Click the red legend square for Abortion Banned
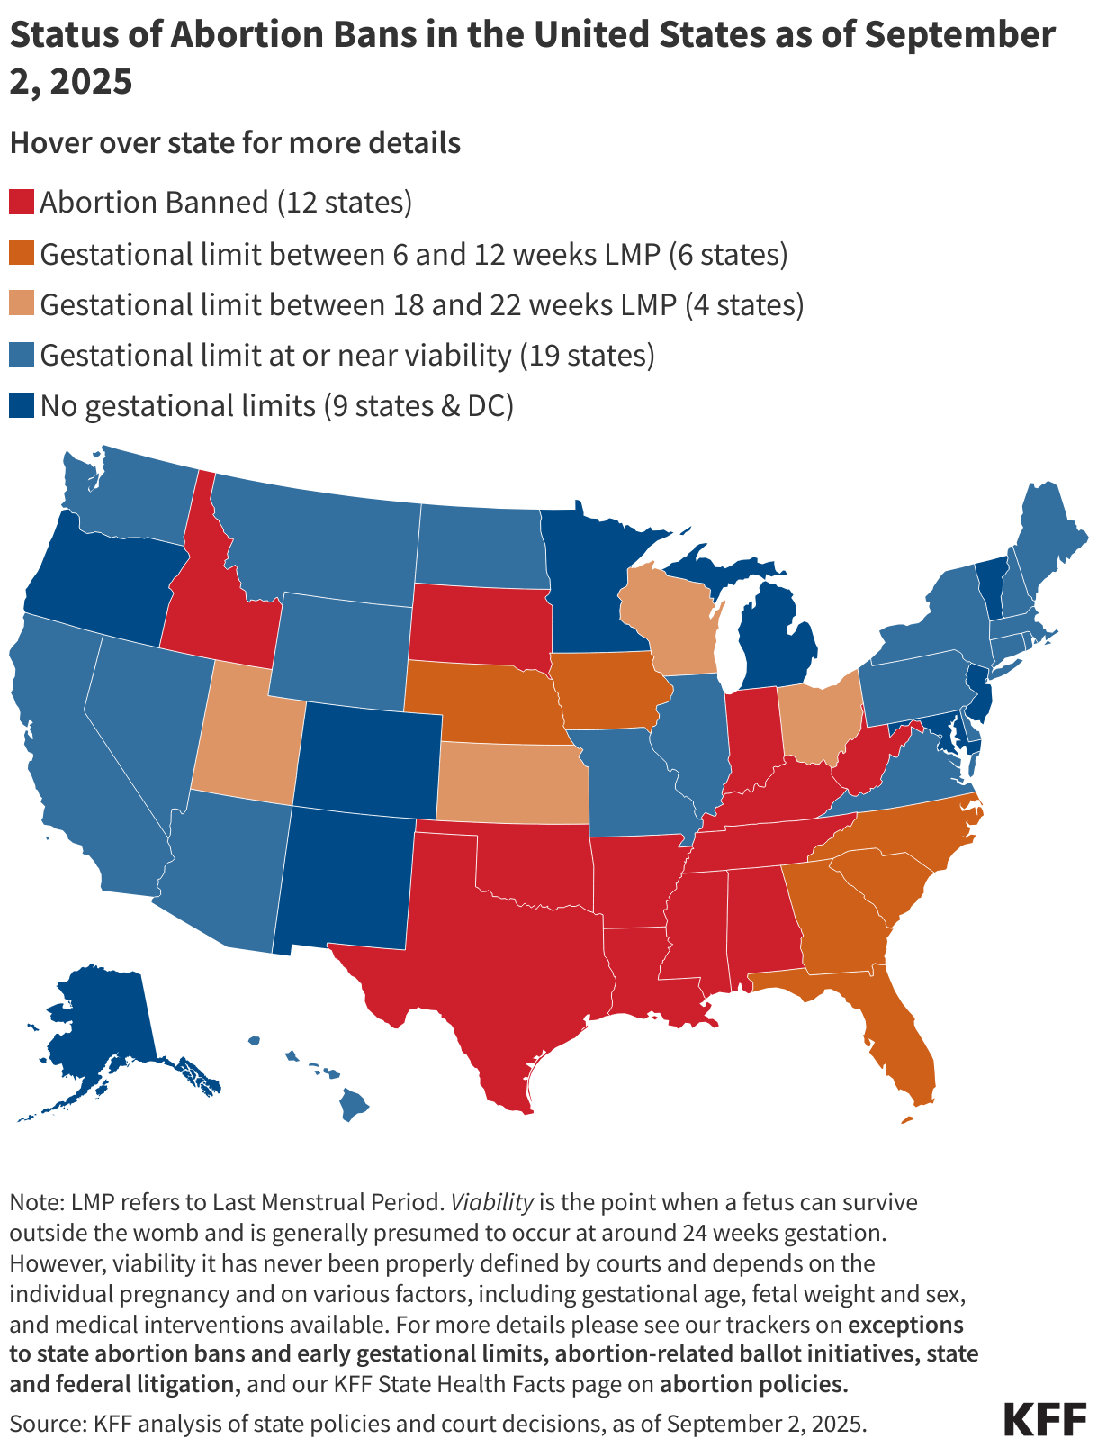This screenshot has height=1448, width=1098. pos(22,202)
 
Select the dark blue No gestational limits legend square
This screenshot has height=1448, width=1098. pos(22,405)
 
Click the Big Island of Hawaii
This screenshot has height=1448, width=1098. pos(355,1104)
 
